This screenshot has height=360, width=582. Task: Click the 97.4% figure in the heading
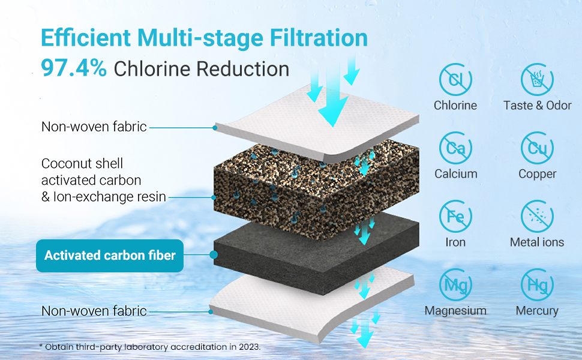73,68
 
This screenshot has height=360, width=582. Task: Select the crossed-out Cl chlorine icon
455,80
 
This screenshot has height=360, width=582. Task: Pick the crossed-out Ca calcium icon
455,148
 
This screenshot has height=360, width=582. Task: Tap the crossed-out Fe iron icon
455,217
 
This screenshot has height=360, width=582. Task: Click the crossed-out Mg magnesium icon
455,285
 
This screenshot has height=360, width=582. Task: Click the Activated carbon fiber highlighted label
110,256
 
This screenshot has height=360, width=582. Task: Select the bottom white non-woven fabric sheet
300,300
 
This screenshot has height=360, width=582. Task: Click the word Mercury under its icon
537,311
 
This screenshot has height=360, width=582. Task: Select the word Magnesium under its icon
455,311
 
